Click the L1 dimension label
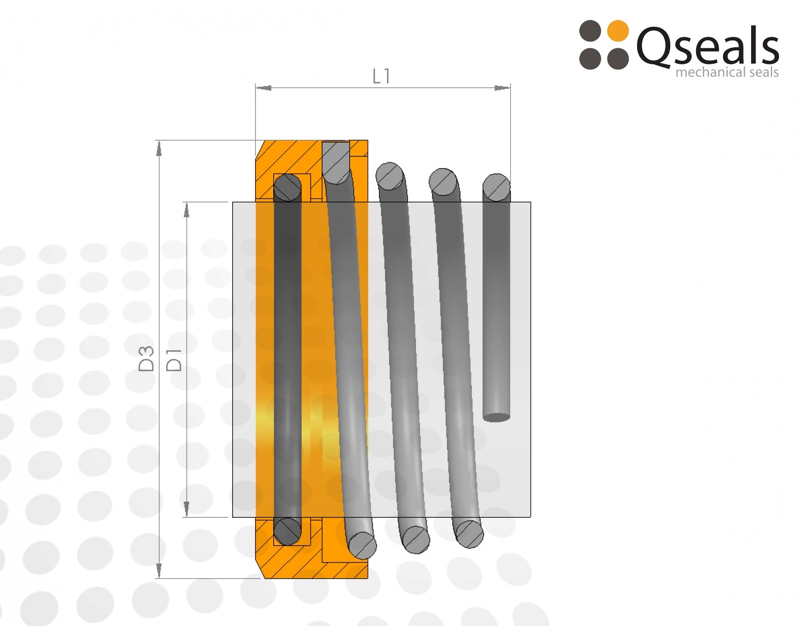[x=381, y=76]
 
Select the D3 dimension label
[x=146, y=359]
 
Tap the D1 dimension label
[x=174, y=360]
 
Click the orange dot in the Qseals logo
[x=618, y=31]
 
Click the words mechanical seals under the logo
[x=727, y=72]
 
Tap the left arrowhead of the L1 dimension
[x=264, y=88]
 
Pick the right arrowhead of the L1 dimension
[x=502, y=88]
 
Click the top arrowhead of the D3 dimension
[x=159, y=148]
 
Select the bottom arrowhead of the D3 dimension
[x=159, y=570]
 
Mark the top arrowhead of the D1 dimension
[x=186, y=210]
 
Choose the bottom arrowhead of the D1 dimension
[x=186, y=509]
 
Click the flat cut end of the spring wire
[x=496, y=417]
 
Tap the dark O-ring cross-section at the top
[x=288, y=188]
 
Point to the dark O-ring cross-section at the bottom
[x=288, y=531]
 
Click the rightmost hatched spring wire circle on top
[x=496, y=187]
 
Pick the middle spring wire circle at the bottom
[x=416, y=540]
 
